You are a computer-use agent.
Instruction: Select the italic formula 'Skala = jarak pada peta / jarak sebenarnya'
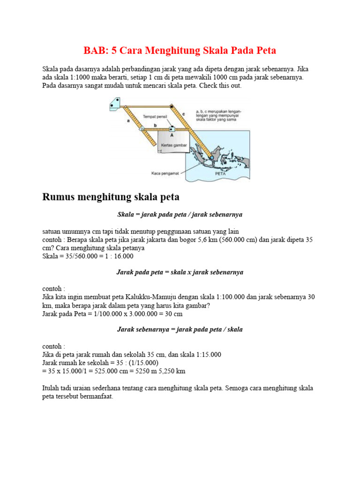[180, 214]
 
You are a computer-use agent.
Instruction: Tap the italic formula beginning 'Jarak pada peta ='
[180, 272]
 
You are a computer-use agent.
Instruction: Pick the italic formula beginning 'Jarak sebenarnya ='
[180, 330]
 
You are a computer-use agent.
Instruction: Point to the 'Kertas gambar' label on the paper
[174, 145]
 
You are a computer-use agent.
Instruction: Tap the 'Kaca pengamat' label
[163, 172]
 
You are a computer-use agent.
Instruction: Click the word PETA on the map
[221, 173]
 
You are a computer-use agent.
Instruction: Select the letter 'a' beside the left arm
[127, 121]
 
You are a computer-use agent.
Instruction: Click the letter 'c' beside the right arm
[183, 113]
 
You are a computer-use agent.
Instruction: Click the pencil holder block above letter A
[172, 128]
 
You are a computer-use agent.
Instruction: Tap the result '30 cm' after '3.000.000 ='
[173, 314]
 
